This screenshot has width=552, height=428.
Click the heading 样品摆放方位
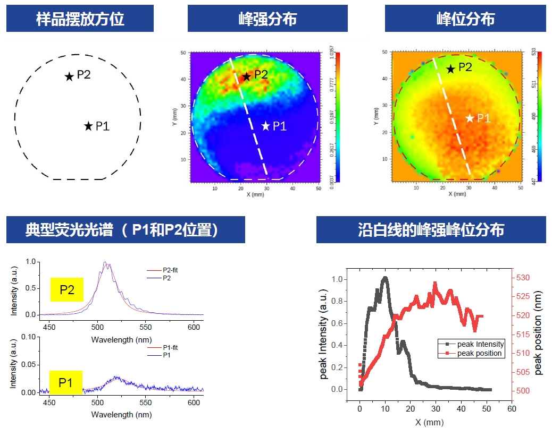pyautogui.click(x=80, y=19)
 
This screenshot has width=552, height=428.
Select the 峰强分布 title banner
pyautogui.click(x=267, y=19)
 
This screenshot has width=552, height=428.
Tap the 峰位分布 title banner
pyautogui.click(x=465, y=19)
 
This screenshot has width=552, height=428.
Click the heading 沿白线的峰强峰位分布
pyautogui.click(x=431, y=230)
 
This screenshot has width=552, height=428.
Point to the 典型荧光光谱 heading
pyautogui.click(x=126, y=230)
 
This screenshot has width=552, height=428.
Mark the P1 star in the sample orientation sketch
pyautogui.click(x=88, y=126)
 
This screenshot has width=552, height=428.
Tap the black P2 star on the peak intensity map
pyautogui.click(x=247, y=77)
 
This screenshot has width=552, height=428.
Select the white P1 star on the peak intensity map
pyautogui.click(x=266, y=126)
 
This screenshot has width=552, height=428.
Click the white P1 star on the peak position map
pyautogui.click(x=470, y=118)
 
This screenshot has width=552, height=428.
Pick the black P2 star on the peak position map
pyautogui.click(x=450, y=69)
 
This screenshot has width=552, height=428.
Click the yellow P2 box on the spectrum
pyautogui.click(x=66, y=290)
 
